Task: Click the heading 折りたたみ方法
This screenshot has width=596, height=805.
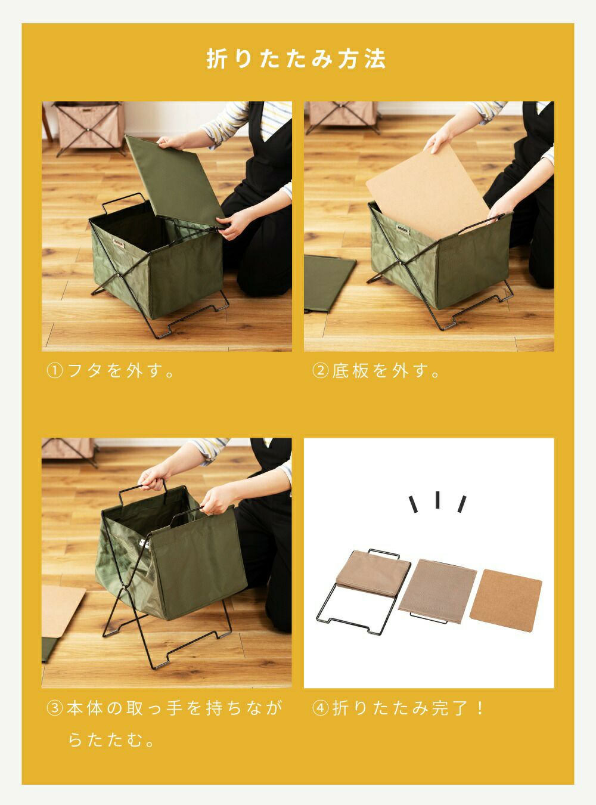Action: click(x=296, y=59)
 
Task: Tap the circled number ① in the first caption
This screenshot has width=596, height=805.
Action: click(x=55, y=370)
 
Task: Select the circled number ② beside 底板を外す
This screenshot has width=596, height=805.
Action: click(x=320, y=370)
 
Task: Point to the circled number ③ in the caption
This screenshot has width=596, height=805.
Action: click(x=55, y=708)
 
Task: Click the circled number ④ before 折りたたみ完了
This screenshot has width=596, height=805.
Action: click(x=320, y=708)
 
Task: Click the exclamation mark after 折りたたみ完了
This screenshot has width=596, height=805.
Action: click(x=480, y=708)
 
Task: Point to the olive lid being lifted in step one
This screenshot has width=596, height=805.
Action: click(x=175, y=181)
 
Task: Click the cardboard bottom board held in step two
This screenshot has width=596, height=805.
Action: click(x=428, y=191)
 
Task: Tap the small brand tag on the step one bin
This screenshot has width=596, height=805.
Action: click(x=118, y=243)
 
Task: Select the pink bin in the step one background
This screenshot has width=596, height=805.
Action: click(x=89, y=126)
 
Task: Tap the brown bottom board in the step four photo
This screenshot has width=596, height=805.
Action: click(x=505, y=600)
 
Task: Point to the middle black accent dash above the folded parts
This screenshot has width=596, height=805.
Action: click(x=437, y=500)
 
